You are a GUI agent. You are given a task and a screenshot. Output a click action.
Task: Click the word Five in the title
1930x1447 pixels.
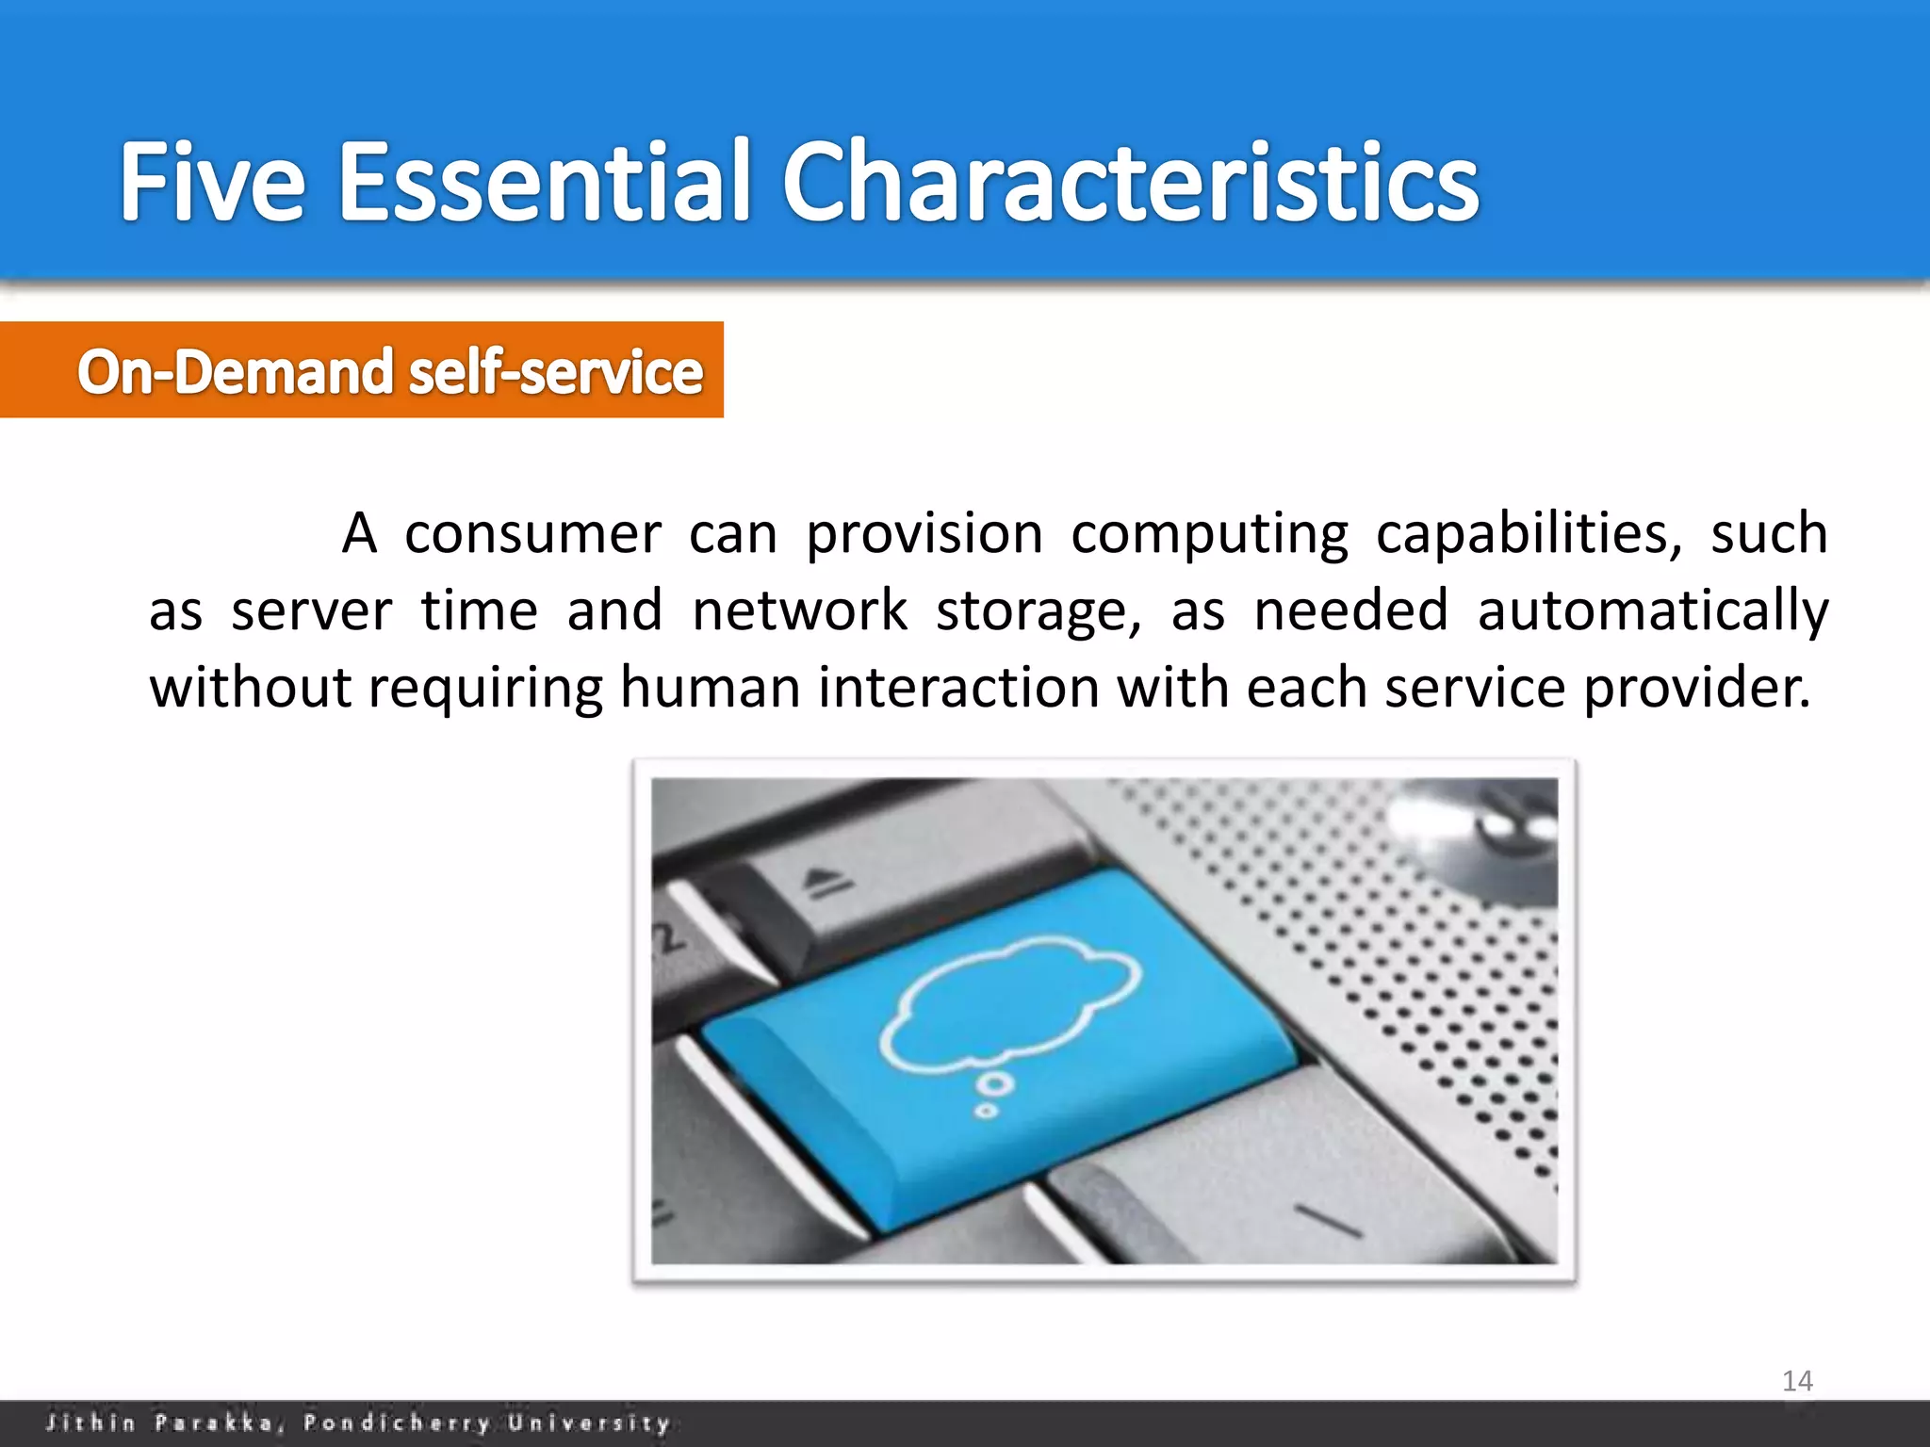212,181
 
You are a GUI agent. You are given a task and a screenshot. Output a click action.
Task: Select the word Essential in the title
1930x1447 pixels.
544,181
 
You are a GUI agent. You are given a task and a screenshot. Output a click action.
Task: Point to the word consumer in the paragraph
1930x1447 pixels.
532,534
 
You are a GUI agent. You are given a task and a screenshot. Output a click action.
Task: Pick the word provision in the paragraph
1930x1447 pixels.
924,534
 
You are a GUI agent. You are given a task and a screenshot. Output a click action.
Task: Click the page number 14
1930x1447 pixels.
1797,1381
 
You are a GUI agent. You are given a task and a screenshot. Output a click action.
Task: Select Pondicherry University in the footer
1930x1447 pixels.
486,1423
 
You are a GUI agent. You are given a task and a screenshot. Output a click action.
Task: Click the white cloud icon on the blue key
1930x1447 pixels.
1008,1003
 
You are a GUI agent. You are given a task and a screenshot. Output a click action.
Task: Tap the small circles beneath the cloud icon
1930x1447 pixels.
992,1095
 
